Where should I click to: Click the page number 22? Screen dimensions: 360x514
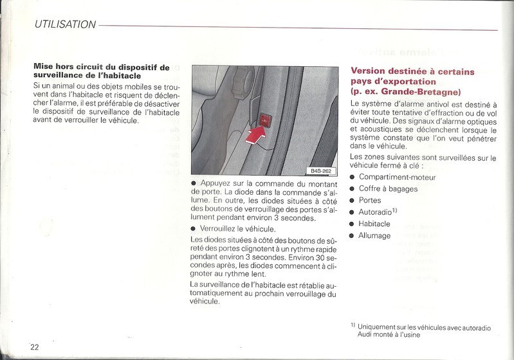(x=34, y=346)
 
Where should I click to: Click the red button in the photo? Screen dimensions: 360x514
(x=266, y=118)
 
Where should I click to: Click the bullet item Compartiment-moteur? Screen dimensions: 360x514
(x=397, y=177)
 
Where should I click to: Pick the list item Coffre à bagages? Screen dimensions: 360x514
(x=388, y=188)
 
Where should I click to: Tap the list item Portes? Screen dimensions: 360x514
(x=370, y=200)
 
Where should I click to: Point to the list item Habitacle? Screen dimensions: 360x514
(x=374, y=223)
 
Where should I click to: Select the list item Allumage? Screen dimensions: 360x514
(x=374, y=235)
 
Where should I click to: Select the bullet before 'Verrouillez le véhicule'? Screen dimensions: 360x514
(x=194, y=229)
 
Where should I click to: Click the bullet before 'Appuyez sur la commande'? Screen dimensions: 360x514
(x=194, y=183)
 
